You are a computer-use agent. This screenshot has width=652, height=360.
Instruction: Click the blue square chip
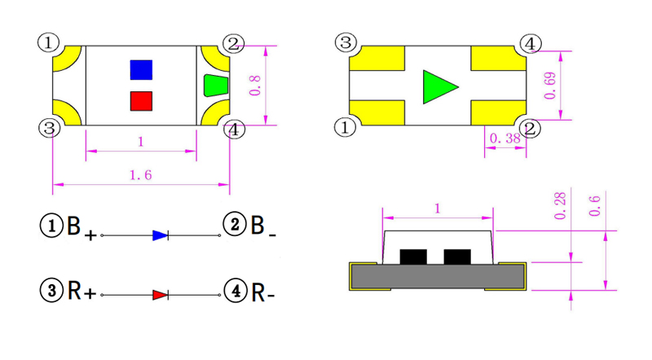coord(141,69)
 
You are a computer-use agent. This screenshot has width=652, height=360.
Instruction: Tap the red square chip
coord(141,101)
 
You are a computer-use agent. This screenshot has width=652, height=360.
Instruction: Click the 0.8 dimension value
coord(254,84)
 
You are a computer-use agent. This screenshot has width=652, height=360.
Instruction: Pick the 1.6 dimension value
coord(141,175)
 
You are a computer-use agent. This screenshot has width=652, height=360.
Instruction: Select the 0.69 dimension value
coord(551,86)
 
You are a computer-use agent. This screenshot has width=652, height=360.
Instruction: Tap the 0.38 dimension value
coord(503,139)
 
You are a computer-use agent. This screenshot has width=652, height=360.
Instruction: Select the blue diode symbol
coord(161,235)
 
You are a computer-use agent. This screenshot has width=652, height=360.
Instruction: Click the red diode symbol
coord(161,294)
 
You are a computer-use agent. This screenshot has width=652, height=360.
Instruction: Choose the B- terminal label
coord(262,228)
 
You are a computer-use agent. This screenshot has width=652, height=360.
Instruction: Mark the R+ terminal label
coord(81,290)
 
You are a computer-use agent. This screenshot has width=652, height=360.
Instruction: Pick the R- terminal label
coord(262,291)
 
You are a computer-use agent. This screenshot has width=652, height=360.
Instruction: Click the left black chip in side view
coord(414,257)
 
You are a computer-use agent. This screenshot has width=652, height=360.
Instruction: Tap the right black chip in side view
coord(457,257)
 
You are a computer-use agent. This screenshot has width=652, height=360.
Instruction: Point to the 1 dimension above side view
coord(438,209)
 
